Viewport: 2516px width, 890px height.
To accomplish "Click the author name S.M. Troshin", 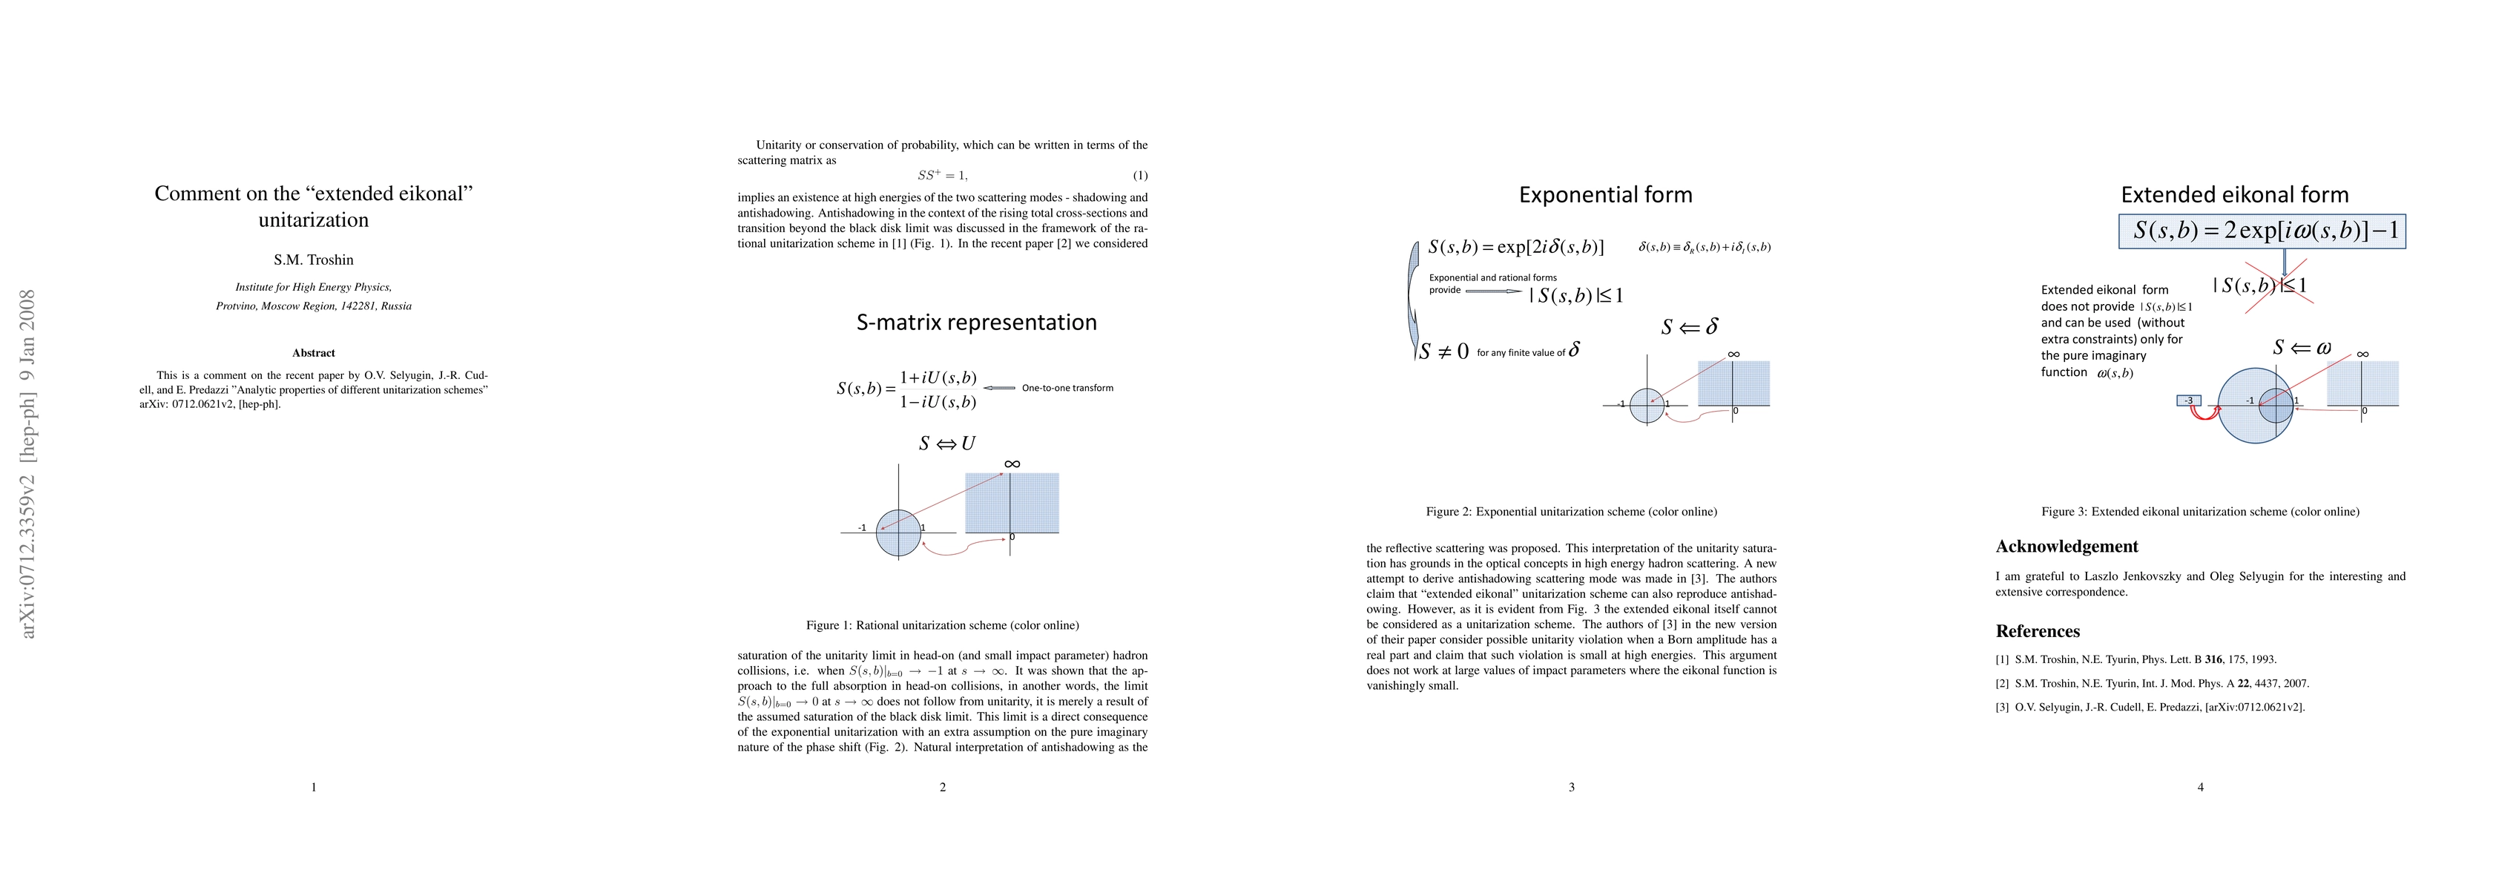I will point(314,260).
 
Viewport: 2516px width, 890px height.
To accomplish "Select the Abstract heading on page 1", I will point(314,353).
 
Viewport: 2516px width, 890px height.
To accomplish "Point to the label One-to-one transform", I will point(1067,388).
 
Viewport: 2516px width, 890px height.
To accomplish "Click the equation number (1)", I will point(1140,176).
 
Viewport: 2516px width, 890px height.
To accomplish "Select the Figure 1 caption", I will point(943,625).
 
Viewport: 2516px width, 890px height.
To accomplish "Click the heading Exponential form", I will point(1604,194).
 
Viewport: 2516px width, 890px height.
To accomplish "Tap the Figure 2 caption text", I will point(1570,512).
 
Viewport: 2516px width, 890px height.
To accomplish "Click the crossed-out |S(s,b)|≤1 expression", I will point(2259,286).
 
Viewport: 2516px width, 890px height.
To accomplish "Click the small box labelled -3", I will point(2189,400).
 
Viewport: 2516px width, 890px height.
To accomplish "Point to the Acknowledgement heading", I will point(2067,546).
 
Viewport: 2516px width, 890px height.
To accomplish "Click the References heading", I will point(2038,631).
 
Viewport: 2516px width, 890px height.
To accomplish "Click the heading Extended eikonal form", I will point(2235,194).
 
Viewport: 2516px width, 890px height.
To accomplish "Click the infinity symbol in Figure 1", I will point(1012,464).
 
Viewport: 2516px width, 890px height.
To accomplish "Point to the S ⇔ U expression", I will point(946,444).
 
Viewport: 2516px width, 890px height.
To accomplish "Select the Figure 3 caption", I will point(2199,512).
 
